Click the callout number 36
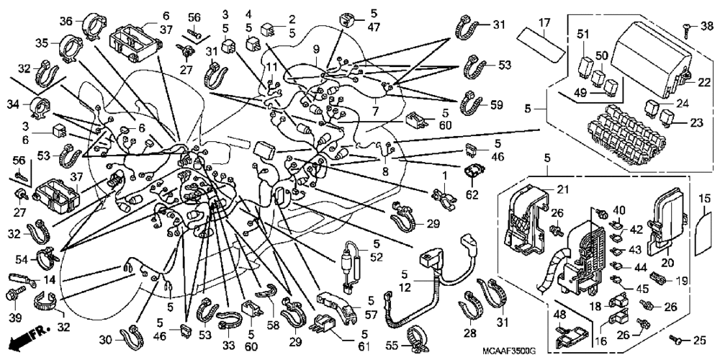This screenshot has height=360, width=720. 66,21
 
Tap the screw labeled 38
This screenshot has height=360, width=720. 688,27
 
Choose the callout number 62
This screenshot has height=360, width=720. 472,194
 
